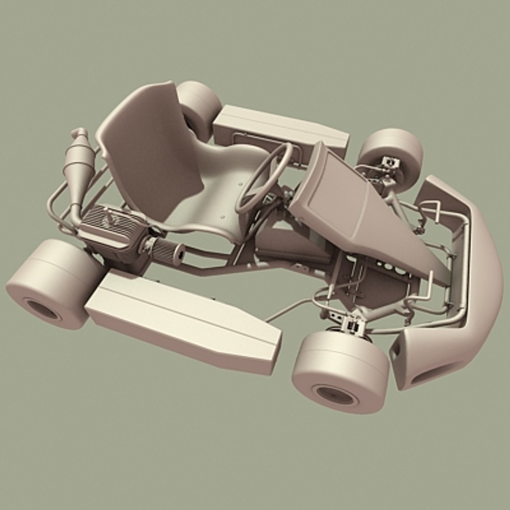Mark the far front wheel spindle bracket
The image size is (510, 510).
click(390, 163)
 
